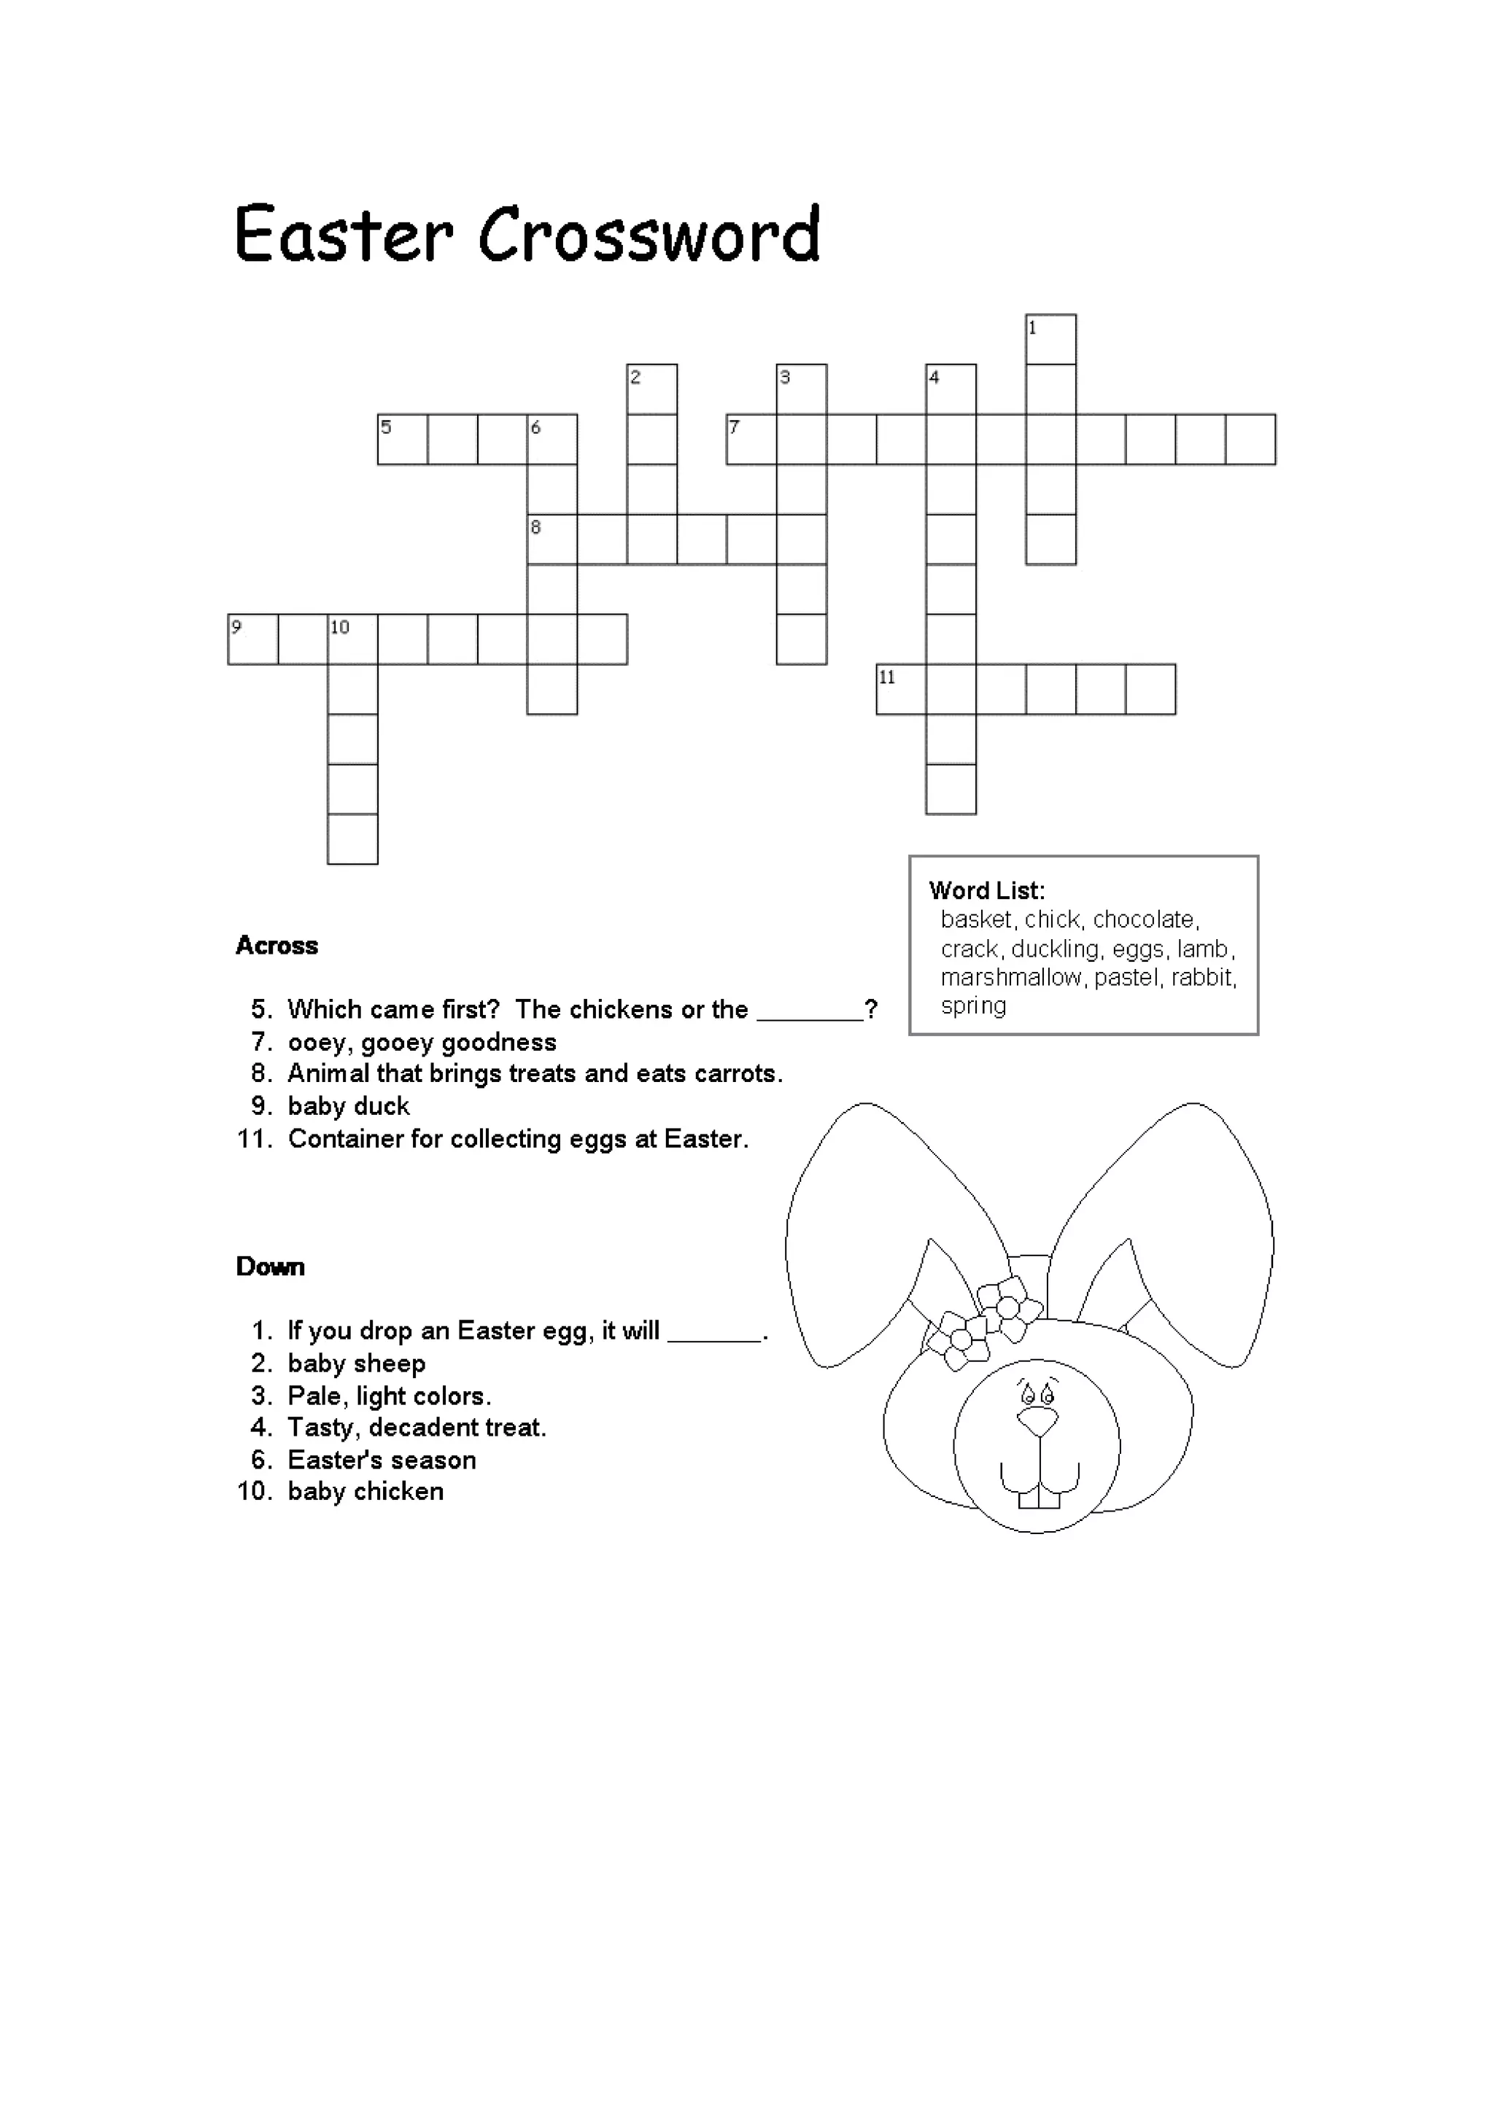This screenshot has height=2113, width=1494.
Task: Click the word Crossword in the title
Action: [649, 235]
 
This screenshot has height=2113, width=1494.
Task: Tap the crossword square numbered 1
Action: [1051, 340]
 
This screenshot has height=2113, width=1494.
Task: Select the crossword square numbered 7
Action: [751, 440]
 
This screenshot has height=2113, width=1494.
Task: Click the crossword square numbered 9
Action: [252, 639]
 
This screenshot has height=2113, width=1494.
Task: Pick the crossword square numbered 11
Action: [901, 689]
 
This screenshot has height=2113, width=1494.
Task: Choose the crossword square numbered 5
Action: [402, 440]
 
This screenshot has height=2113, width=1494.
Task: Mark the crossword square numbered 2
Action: [651, 389]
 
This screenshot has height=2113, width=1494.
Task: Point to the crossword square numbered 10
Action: [352, 639]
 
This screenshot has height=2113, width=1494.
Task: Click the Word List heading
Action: [987, 890]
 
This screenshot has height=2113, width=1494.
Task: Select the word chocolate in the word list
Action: [1145, 919]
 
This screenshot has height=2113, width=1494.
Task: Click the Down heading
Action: [270, 1266]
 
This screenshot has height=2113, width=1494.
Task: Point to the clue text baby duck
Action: [348, 1105]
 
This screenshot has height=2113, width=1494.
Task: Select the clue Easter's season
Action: [381, 1460]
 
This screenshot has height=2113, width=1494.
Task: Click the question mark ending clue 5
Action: [871, 1010]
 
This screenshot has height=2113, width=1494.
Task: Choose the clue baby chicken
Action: [365, 1491]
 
